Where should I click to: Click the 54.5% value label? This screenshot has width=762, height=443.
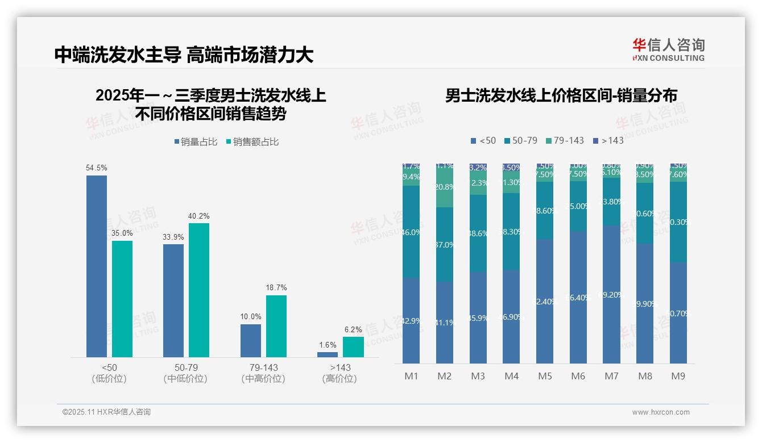96,168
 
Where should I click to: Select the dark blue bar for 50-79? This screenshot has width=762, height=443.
173,300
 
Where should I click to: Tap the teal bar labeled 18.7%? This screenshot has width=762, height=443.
276,326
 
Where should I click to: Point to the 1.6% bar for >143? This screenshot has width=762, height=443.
328,354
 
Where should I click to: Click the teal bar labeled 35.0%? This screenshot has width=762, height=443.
122,299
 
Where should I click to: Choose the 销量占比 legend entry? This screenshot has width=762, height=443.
196,142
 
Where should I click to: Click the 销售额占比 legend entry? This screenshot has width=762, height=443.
252,142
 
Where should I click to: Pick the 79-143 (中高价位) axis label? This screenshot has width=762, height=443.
263,373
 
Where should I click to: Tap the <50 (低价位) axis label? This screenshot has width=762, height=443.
109,373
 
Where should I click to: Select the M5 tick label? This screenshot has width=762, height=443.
545,376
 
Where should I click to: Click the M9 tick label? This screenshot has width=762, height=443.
678,376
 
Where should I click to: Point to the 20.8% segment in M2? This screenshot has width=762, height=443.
445,187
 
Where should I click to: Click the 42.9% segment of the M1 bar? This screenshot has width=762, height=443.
411,320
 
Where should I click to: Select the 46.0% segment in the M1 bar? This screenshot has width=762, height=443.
411,232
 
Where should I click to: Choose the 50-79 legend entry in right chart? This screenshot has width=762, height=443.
520,140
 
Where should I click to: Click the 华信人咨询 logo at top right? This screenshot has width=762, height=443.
668,49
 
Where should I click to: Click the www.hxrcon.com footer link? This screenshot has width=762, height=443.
661,412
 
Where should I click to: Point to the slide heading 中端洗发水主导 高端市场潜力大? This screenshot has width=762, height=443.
184,55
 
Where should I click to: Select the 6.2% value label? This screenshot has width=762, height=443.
353,329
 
